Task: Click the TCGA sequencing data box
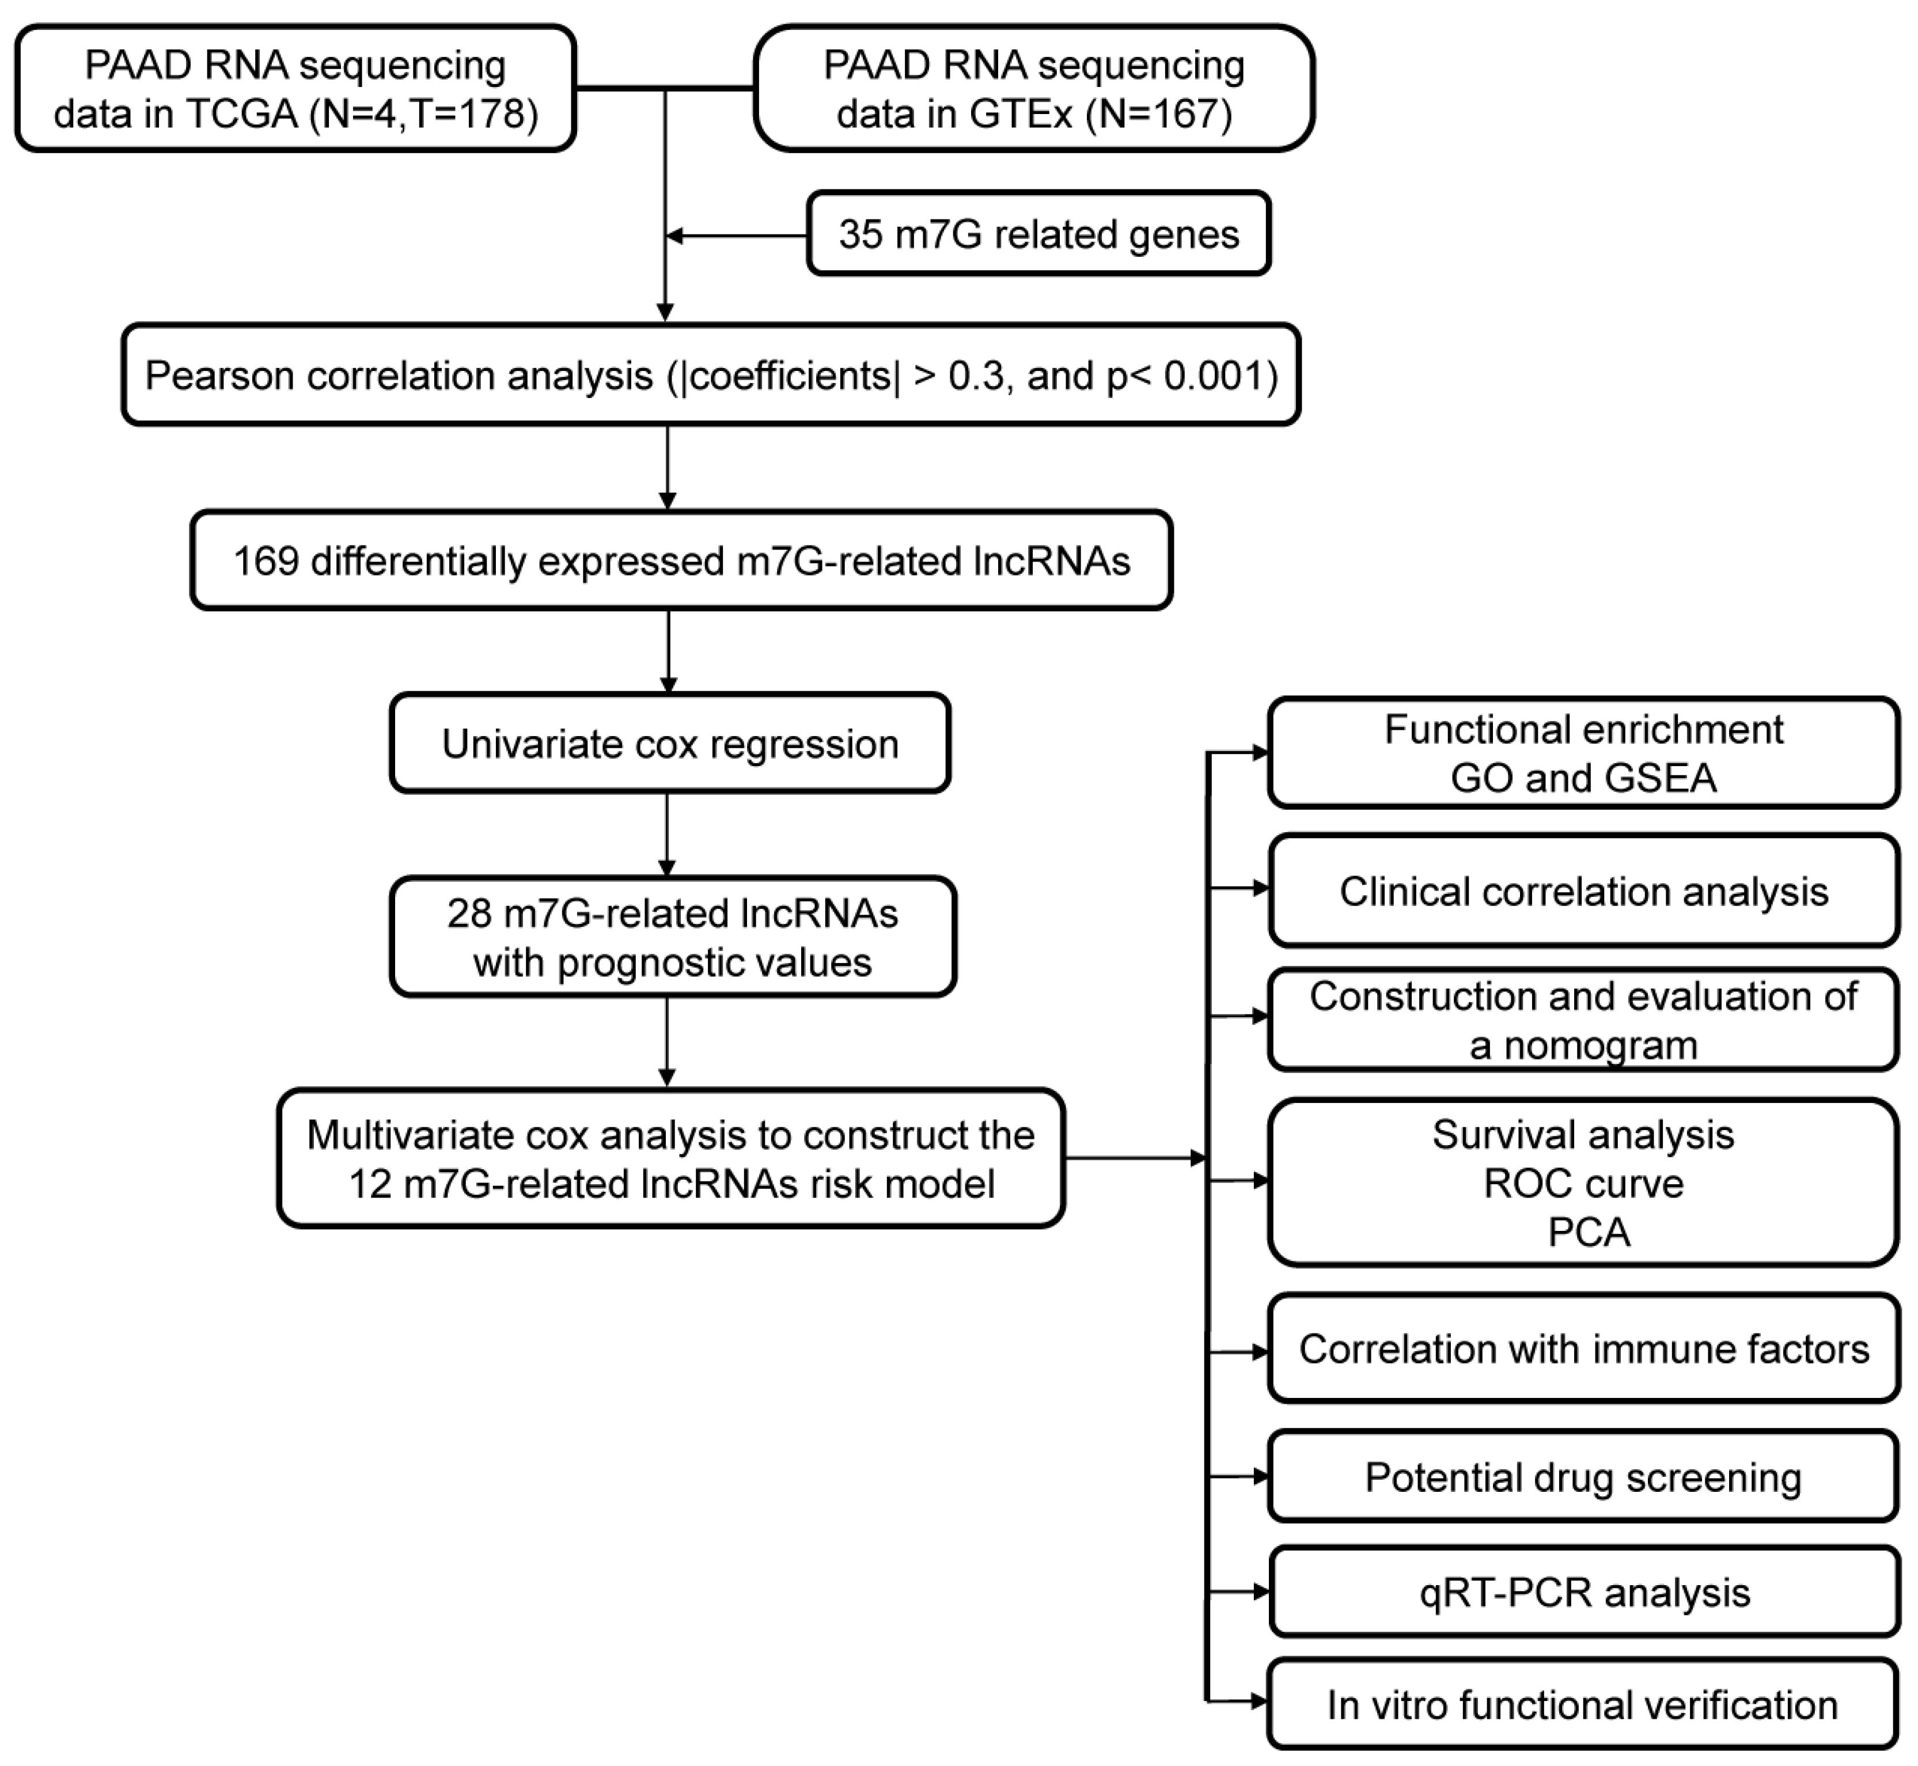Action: click(295, 89)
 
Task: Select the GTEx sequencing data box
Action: click(1034, 89)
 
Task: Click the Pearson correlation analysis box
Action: click(711, 376)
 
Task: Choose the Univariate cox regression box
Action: click(670, 744)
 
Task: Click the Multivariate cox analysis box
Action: click(671, 1158)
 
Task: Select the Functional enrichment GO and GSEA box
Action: click(1583, 753)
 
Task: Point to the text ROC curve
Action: click(1583, 1183)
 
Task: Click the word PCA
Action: click(1589, 1232)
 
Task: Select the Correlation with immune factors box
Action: click(1583, 1348)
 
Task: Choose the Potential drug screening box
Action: click(1583, 1476)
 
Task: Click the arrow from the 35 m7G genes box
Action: click(736, 235)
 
